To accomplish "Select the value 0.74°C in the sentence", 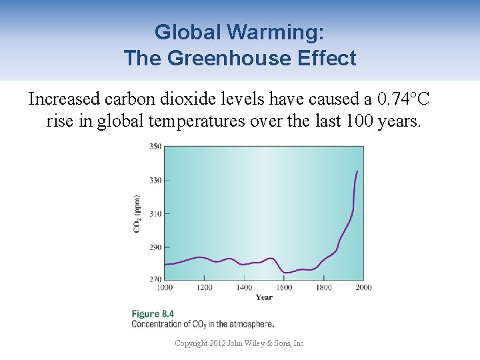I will point(403,99).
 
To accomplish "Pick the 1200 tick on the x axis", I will point(204,287).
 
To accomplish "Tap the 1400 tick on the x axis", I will point(244,287).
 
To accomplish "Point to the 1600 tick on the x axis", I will point(284,287).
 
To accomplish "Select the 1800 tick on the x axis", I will point(324,287).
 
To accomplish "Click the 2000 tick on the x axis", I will point(363,287).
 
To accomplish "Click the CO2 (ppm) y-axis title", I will point(137,213).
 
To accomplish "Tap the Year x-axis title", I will point(263,297).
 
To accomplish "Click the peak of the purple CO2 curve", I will point(357,171).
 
